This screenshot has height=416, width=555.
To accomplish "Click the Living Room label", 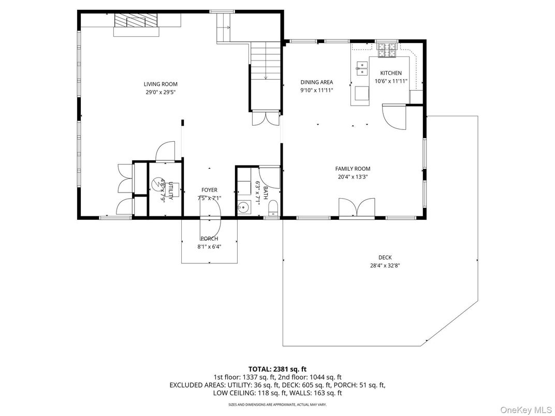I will (x=160, y=84).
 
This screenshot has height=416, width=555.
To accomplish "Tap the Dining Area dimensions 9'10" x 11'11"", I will (x=317, y=90).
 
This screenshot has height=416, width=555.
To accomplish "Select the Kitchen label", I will (x=390, y=73).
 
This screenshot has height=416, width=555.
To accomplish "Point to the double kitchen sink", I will (x=362, y=65).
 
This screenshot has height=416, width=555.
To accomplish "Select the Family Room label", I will (x=353, y=169).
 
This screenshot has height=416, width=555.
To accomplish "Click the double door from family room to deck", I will (x=357, y=208).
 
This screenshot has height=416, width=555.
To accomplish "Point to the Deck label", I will (x=385, y=258).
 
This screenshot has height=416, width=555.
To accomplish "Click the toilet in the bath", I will (x=274, y=209).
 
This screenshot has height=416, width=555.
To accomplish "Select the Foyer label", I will (x=209, y=190).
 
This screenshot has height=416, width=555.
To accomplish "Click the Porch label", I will (x=209, y=239).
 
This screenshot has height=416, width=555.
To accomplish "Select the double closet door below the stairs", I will (x=266, y=118).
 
